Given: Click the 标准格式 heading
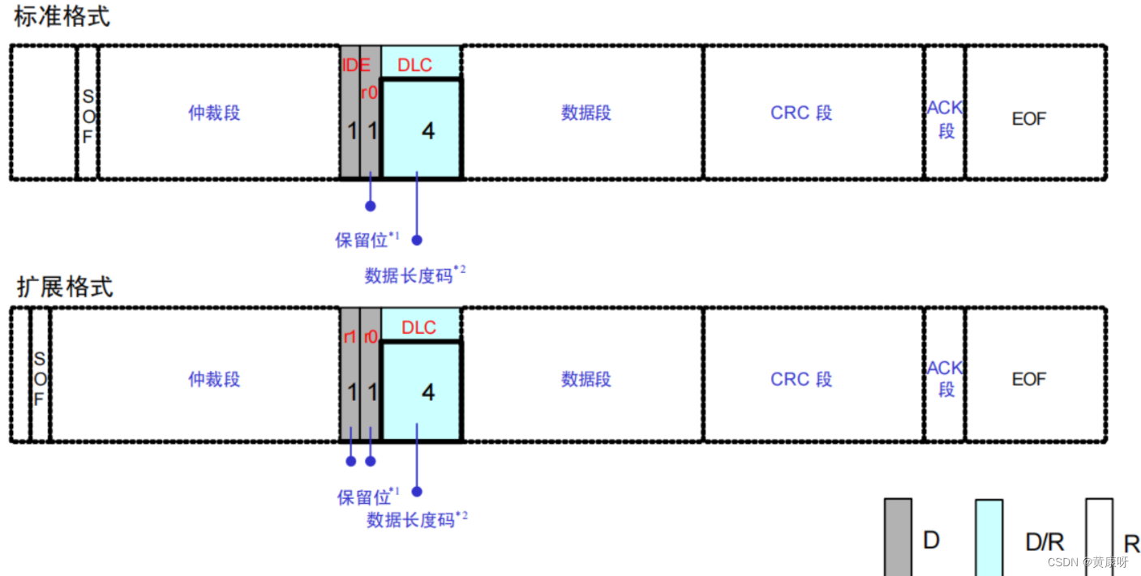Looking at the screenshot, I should point(62,17).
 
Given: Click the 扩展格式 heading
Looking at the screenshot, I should point(65,287).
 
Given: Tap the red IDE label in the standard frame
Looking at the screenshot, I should point(355,66).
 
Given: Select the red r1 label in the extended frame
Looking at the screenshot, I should point(350,336).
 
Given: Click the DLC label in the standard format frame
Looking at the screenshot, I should point(414,66).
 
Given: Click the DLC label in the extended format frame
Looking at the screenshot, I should point(418,327).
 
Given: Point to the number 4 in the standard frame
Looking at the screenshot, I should point(427,130).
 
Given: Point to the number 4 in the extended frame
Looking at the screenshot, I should point(427,393).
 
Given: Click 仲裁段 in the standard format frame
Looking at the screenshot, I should point(214,113).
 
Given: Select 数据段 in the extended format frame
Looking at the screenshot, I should point(586,379).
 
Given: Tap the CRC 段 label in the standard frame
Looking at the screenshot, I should point(800,113).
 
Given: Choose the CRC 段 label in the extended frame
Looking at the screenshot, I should point(800,379).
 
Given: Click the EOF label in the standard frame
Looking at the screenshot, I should point(1028,119).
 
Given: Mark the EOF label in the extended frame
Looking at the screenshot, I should point(1028,379).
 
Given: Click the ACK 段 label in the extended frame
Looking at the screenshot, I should point(945,378).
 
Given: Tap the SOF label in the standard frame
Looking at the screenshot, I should point(88,117).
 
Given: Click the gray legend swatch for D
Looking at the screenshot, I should point(897,537).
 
